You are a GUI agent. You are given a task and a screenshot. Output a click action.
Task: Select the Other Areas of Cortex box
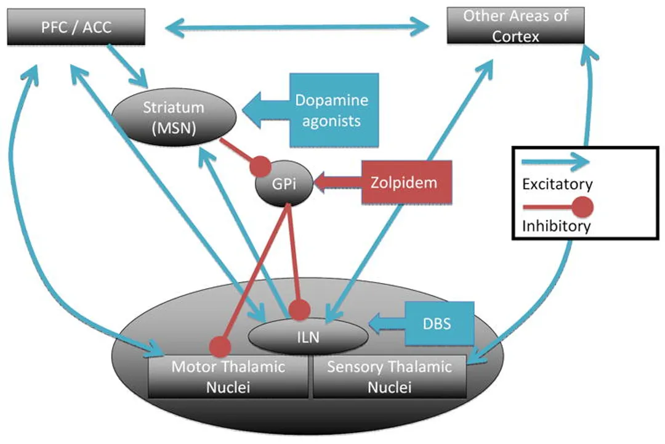tap(515, 26)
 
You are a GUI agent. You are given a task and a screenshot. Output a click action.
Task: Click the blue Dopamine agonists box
tap(331, 110)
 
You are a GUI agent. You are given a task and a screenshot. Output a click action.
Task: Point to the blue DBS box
tap(439, 323)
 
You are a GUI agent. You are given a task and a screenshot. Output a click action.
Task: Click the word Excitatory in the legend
tap(557, 184)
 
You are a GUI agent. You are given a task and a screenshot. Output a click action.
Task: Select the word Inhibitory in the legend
tap(556, 226)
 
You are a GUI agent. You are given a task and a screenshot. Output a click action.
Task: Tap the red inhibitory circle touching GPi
tap(259, 166)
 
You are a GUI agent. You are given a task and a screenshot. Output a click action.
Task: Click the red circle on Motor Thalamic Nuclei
tap(220, 347)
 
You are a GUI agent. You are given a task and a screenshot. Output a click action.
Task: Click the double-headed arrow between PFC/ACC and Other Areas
tap(297, 27)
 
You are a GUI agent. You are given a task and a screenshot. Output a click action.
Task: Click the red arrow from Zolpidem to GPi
tap(337, 183)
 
